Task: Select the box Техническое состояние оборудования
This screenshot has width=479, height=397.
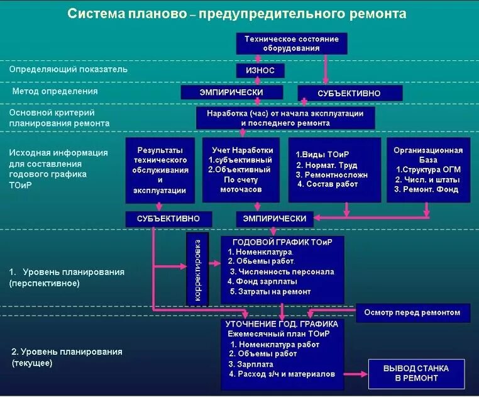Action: [291, 43]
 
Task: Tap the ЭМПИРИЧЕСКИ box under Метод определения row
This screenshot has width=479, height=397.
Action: [231, 92]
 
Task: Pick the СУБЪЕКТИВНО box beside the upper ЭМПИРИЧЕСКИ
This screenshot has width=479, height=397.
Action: [349, 93]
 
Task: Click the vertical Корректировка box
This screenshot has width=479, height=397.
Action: [197, 269]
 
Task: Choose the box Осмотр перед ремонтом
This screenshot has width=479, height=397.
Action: [412, 312]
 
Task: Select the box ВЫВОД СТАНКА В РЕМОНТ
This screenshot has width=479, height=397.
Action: [416, 373]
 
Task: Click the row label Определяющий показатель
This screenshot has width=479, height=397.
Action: [69, 69]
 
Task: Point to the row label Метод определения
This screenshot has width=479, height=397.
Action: [55, 91]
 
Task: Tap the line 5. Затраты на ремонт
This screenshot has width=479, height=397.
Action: [270, 291]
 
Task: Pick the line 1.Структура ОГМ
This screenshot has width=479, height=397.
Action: [427, 170]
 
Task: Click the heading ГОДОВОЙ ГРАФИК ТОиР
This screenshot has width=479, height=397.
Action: [282, 242]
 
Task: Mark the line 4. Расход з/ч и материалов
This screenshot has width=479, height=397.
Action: [282, 374]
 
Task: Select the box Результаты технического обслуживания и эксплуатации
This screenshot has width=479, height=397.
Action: [160, 170]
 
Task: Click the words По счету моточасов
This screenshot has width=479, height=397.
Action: [238, 184]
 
